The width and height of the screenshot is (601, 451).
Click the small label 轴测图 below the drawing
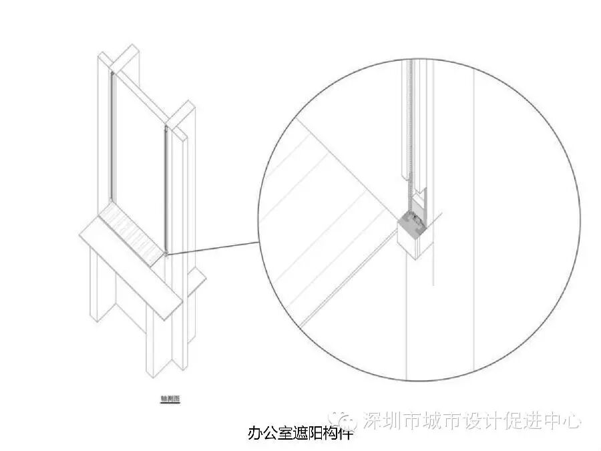pyautogui.click(x=170, y=400)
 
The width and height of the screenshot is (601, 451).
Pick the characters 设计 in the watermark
pyautogui.click(x=476, y=420)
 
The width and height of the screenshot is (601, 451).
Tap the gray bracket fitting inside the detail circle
pyautogui.click(x=411, y=223)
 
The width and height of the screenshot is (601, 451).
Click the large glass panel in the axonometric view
pyautogui.click(x=138, y=147)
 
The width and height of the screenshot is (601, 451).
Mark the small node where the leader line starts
pyautogui.click(x=166, y=253)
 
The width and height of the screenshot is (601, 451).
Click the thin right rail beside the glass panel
pyautogui.click(x=165, y=187)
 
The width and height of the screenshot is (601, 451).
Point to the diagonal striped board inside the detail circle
pyautogui.click(x=327, y=220)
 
